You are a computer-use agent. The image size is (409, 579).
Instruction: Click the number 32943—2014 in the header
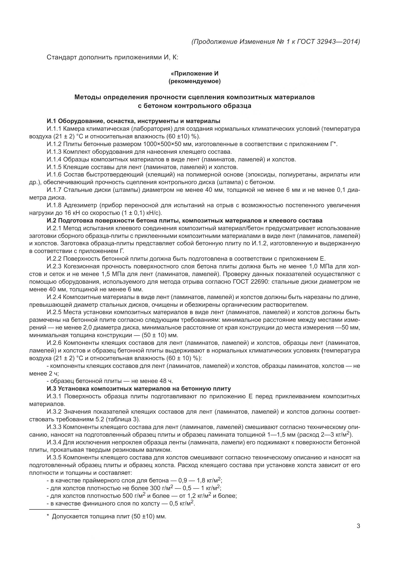[x=338, y=42]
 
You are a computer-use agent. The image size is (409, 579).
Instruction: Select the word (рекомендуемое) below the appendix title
[x=194, y=81]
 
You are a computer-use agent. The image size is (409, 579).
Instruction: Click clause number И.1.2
[x=54, y=144]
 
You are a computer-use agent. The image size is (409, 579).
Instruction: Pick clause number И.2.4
[x=54, y=297]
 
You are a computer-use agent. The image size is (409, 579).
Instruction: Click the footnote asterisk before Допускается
[x=48, y=516]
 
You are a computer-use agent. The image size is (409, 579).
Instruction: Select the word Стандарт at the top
[x=62, y=57]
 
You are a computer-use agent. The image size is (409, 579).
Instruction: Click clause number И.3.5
[x=54, y=457]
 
